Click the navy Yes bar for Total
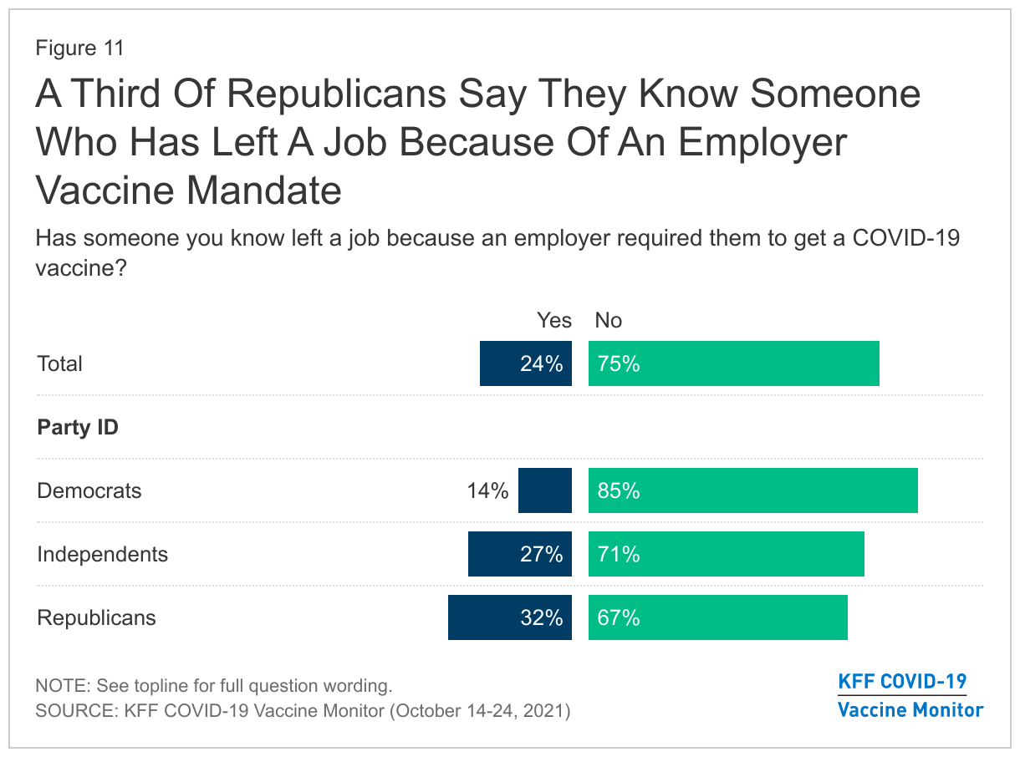click(x=525, y=363)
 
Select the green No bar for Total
click(x=733, y=363)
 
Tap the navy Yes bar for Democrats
click(x=544, y=490)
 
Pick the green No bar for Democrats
click(x=752, y=490)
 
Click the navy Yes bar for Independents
click(x=519, y=554)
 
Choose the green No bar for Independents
click(x=726, y=554)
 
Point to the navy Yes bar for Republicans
click(x=509, y=617)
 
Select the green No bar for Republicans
click(x=717, y=617)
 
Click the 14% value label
click(x=487, y=491)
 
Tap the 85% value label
click(x=619, y=491)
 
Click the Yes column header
click(x=554, y=321)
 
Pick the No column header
click(x=609, y=321)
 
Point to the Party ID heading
click(x=78, y=428)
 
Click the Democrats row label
click(x=89, y=490)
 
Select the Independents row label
click(x=103, y=554)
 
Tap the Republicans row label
click(x=97, y=618)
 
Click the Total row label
click(x=60, y=364)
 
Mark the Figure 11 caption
click(x=79, y=48)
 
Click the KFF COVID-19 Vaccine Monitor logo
click(x=910, y=695)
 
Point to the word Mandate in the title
click(x=265, y=191)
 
